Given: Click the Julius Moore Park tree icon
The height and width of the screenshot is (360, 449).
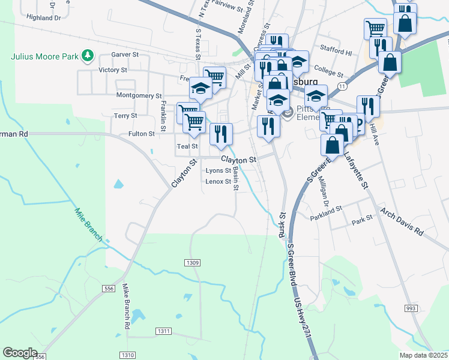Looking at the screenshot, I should pos(88,56).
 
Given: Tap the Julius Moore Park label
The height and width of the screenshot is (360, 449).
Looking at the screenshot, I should pos(45,57).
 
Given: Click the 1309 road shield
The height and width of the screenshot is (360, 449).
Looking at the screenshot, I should pos(192,263).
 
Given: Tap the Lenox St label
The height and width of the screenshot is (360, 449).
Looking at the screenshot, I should pos(218,181).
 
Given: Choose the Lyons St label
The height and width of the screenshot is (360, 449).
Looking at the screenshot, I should pos(218,170).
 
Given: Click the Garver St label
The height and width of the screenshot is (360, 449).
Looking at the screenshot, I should pos(125,54).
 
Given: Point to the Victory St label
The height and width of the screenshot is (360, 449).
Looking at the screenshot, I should pos(113,70).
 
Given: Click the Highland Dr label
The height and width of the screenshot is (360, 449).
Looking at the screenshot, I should pos(44,18).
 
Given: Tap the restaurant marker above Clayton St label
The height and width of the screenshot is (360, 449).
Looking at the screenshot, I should pos(221,134).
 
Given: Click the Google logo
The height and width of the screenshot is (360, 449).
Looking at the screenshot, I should pos(20,353).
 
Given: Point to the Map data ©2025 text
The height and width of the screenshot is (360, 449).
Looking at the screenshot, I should pos(424,355).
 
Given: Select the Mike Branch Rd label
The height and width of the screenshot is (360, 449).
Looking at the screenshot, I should pos(127,306).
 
